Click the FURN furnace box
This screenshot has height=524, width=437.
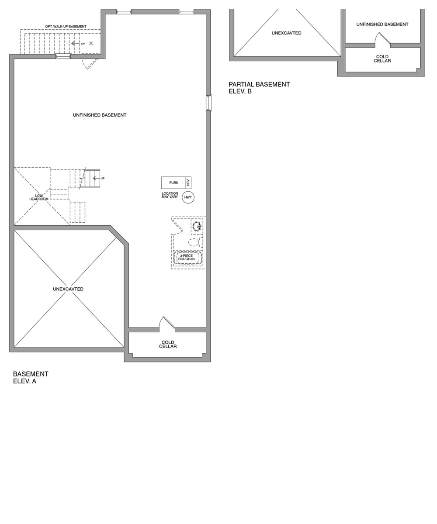(x=173, y=183)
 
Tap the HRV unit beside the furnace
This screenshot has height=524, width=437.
(x=188, y=183)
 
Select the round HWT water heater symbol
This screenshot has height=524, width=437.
(x=188, y=197)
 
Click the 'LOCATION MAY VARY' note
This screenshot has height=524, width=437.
(x=170, y=195)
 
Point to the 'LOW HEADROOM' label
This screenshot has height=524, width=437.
(x=39, y=197)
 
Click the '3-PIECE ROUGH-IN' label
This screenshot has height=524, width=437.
(x=186, y=258)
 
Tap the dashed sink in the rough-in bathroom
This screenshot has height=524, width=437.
(x=197, y=226)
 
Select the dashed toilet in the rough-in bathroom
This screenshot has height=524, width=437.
(x=195, y=242)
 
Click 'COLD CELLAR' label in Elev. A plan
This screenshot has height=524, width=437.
(x=168, y=345)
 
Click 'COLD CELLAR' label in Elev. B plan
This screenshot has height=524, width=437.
(x=382, y=59)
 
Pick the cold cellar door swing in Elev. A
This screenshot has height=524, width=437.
(x=166, y=323)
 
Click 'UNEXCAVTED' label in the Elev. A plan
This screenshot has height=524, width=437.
(x=68, y=289)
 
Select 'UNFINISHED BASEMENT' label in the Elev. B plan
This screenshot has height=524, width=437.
(x=382, y=24)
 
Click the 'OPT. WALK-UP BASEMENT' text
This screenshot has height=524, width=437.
(x=66, y=27)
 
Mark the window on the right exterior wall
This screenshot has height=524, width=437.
(x=209, y=103)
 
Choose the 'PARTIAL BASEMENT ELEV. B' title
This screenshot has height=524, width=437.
(x=259, y=88)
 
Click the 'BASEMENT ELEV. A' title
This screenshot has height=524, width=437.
(x=31, y=377)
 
